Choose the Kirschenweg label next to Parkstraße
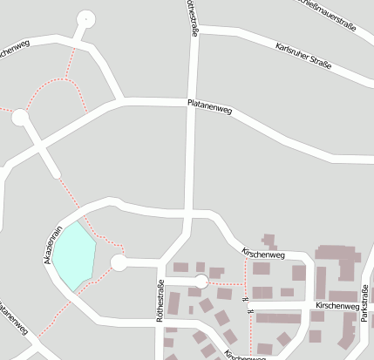click(337, 306)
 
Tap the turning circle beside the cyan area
click(119, 262)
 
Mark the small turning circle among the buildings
click(201, 282)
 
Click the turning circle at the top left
click(85, 18)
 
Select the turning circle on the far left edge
click(20, 117)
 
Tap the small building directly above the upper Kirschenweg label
click(269, 240)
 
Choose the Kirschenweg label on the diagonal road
click(263, 254)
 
